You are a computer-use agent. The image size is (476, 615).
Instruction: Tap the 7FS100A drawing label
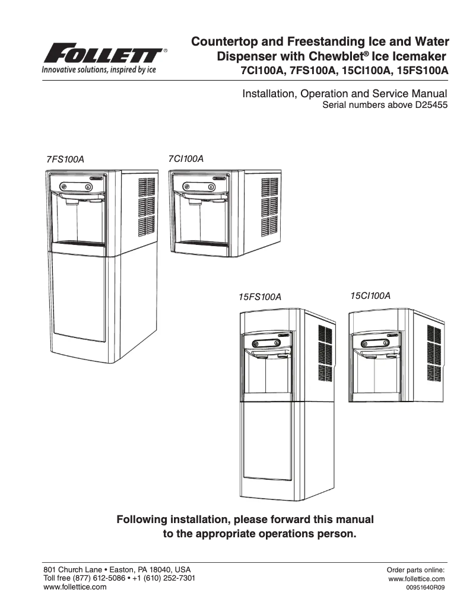coord(65,160)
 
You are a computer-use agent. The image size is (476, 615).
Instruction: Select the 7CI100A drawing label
coord(186,159)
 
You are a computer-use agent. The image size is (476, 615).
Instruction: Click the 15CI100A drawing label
coord(370,295)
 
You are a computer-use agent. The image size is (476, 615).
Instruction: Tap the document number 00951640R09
coord(425,588)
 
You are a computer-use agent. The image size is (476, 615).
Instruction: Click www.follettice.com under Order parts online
coord(416,579)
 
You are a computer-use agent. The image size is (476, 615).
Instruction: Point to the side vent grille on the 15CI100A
coord(433,353)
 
